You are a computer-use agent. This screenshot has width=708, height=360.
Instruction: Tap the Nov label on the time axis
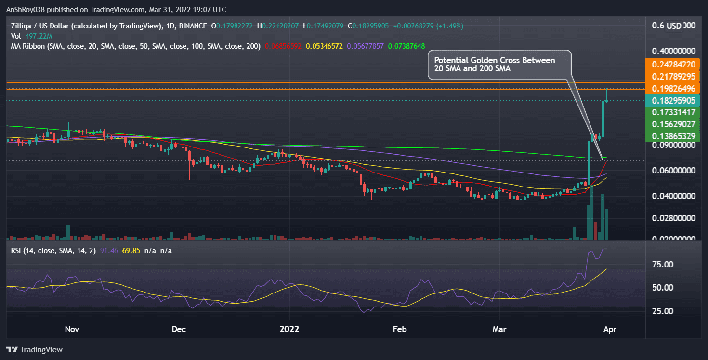point(71,330)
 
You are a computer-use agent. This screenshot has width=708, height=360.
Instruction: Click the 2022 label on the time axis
point(290,330)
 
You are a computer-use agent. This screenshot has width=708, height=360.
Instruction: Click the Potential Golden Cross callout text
point(495,65)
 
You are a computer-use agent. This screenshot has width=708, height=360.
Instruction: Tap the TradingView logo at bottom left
point(35,349)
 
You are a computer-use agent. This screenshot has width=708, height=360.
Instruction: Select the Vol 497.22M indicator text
point(32,36)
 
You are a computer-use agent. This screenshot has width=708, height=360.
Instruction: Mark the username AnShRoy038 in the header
point(28,10)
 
